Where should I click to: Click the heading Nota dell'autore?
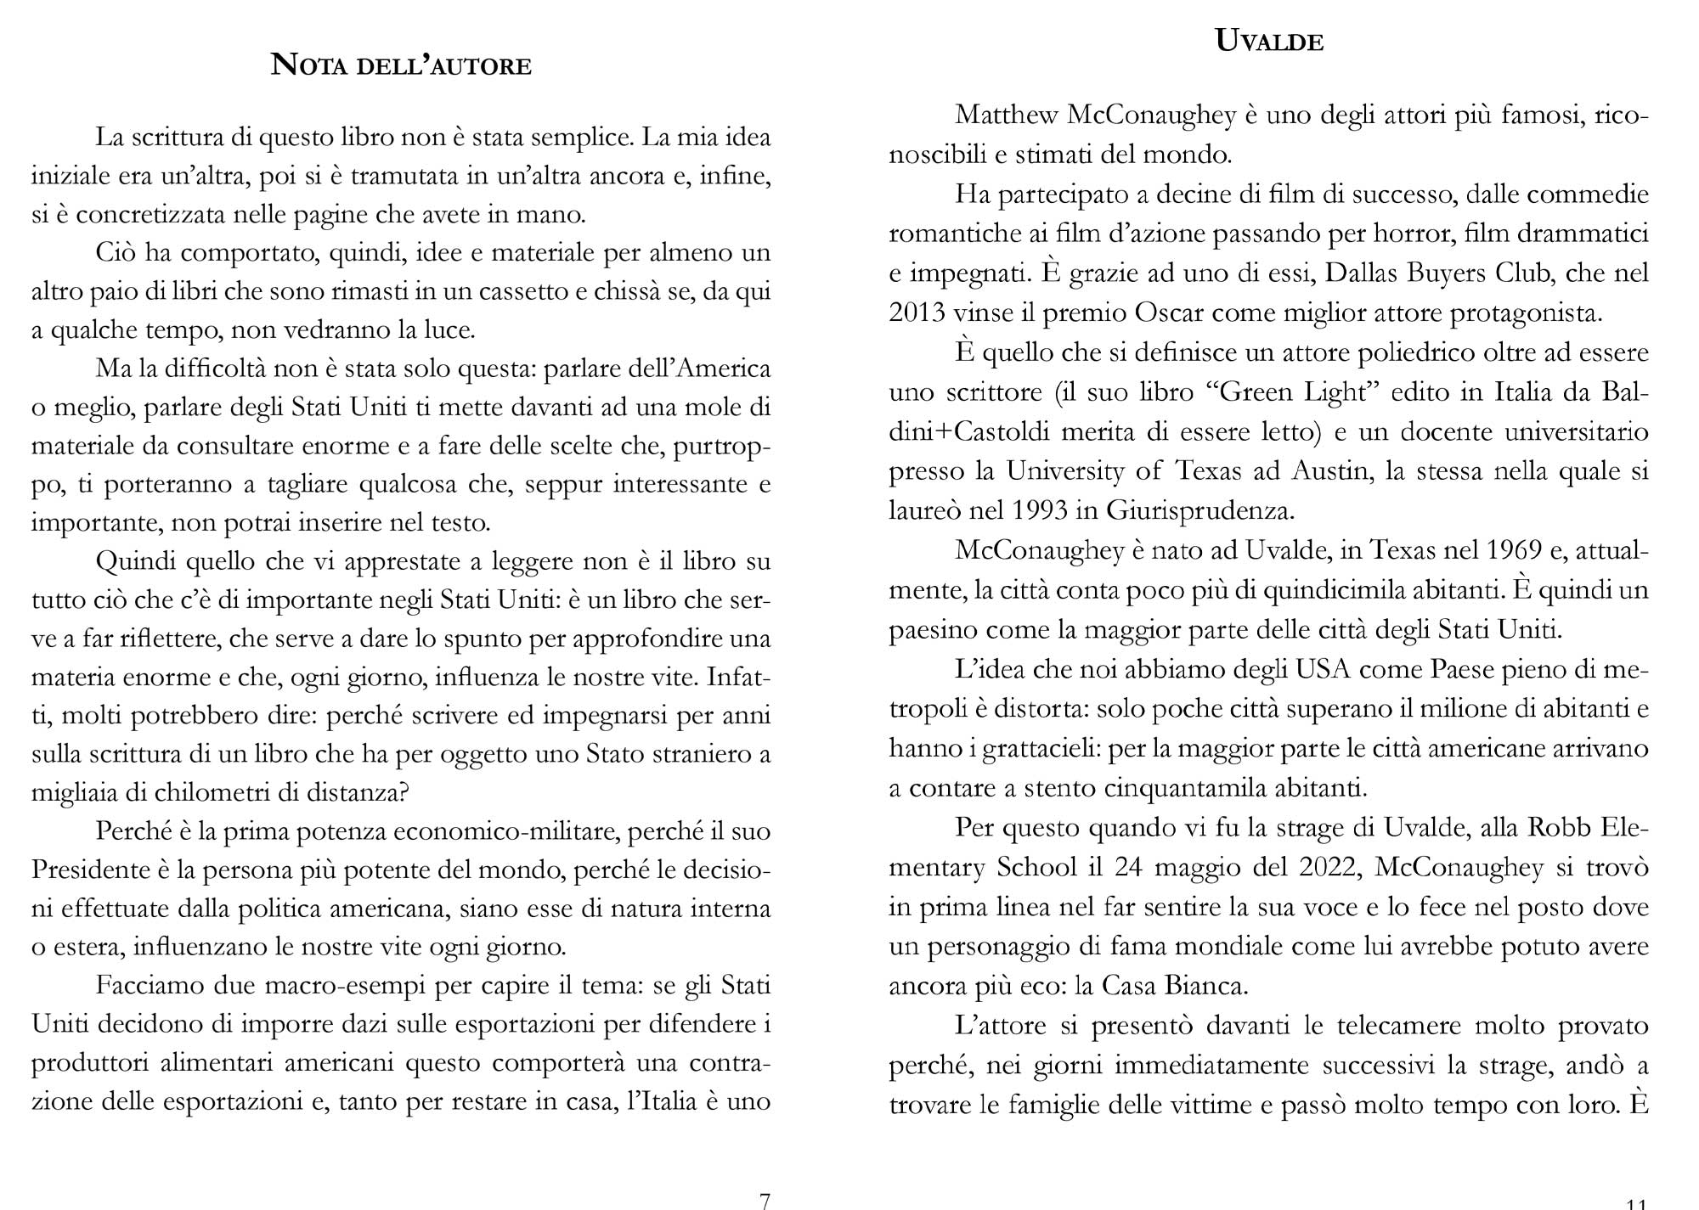coord(401,65)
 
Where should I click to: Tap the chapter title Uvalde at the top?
coord(1269,41)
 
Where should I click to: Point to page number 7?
coord(765,1200)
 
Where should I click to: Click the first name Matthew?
coord(1007,115)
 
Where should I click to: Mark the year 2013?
coord(917,312)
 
